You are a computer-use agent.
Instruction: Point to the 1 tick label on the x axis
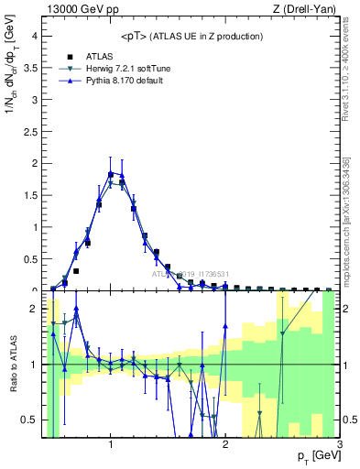point(111,445)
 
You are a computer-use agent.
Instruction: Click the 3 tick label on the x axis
point(339,445)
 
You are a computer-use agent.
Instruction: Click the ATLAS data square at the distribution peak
point(111,174)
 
